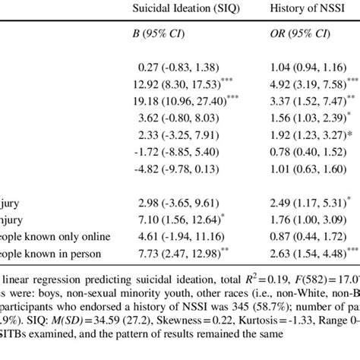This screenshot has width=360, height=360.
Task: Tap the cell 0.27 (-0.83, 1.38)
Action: [173, 68]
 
